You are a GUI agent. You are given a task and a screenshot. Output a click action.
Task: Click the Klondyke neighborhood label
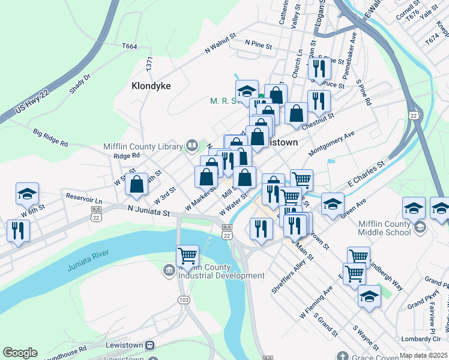click(x=151, y=86)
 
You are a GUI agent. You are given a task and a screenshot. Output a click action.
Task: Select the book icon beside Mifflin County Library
click(x=191, y=145)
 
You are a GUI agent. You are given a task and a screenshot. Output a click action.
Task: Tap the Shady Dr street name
click(x=79, y=84)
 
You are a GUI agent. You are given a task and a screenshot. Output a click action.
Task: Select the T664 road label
click(x=129, y=46)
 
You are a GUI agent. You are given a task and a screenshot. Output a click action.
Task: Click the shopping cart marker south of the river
click(x=187, y=256)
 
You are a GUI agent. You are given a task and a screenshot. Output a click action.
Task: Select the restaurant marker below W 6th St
click(x=18, y=230)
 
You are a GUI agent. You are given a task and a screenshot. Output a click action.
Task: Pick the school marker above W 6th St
click(x=27, y=193)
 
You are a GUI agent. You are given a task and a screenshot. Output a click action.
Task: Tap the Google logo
click(x=20, y=353)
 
